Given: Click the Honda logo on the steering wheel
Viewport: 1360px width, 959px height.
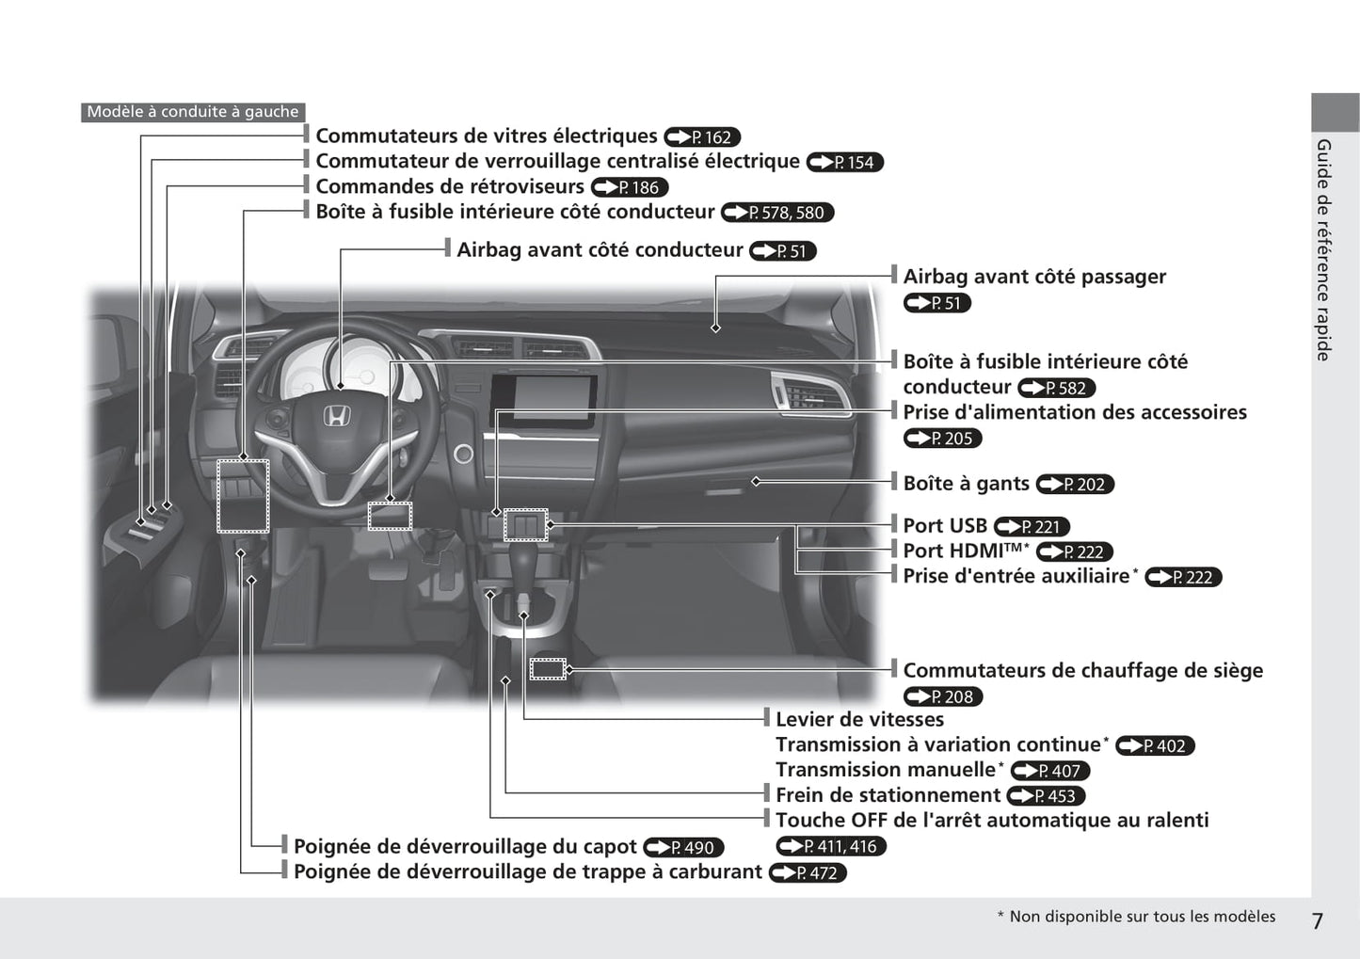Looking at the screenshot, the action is (336, 416).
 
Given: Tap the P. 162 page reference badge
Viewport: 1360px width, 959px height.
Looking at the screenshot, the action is (702, 137).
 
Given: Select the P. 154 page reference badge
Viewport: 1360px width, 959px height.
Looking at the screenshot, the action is (844, 162).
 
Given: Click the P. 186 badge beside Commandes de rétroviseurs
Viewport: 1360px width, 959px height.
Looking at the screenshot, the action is (630, 187).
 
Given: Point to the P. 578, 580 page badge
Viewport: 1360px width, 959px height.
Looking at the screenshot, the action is (777, 213).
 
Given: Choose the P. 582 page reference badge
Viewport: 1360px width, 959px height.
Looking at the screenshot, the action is (1056, 388).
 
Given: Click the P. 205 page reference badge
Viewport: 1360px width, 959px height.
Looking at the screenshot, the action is (942, 439).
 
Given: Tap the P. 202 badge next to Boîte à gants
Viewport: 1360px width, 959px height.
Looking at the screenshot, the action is (1075, 485).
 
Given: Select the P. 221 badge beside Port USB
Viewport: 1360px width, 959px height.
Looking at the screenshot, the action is (1032, 527).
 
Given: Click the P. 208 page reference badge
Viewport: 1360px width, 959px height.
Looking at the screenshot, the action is (943, 696).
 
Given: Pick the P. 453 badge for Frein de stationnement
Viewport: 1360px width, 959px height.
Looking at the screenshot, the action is (1046, 796).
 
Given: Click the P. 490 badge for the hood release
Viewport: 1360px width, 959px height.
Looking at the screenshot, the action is (683, 847).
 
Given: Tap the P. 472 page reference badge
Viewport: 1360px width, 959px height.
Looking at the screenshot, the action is (808, 872).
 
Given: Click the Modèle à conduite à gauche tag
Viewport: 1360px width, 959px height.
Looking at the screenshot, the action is (193, 112).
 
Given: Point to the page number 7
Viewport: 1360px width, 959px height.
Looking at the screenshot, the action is (1317, 921).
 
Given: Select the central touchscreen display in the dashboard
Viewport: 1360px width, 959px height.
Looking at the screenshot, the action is (543, 401).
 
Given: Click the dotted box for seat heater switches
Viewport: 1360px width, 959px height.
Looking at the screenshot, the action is (548, 669).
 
